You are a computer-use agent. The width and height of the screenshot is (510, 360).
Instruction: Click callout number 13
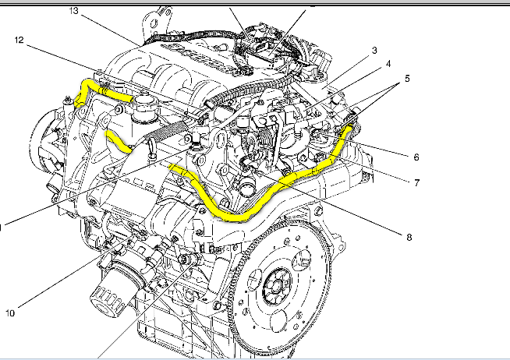pyautogui.click(x=74, y=11)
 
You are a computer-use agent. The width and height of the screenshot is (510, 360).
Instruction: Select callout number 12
pyautogui.click(x=19, y=40)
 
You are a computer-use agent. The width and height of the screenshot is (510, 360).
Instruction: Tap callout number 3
pyautogui.click(x=374, y=51)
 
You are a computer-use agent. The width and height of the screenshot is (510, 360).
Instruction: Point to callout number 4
pyautogui.click(x=388, y=64)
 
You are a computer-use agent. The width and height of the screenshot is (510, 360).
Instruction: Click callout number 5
pyautogui.click(x=407, y=78)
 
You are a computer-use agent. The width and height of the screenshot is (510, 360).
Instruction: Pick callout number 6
pyautogui.click(x=416, y=157)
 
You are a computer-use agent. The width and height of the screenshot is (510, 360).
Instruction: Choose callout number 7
pyautogui.click(x=416, y=183)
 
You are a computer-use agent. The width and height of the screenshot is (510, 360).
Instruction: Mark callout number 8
pyautogui.click(x=409, y=238)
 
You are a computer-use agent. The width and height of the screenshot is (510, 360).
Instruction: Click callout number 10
pyautogui.click(x=10, y=313)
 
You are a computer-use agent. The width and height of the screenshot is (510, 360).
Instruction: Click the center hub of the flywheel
pyautogui.click(x=276, y=287)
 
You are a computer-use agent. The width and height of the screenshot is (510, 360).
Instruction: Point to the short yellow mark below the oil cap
pyautogui.click(x=118, y=141)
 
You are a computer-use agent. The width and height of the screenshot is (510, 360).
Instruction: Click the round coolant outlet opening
pyautogui.click(x=246, y=189)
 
